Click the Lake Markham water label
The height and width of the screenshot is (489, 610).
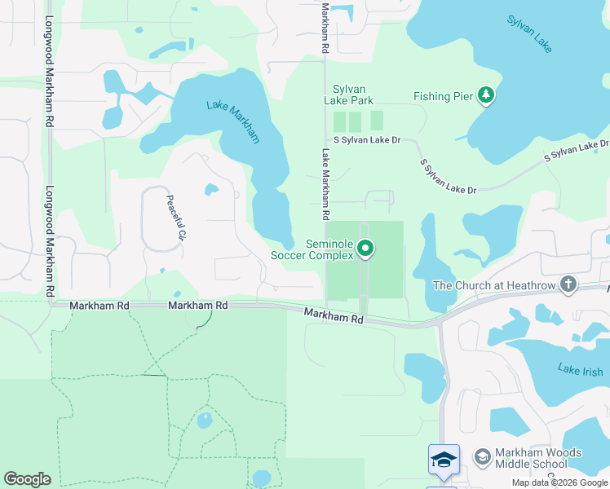click(233, 121)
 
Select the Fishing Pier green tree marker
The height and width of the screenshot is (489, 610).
click(487, 96)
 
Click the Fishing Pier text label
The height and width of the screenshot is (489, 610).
click(443, 97)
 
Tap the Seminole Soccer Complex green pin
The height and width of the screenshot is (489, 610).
click(366, 249)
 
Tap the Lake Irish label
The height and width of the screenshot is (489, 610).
click(580, 368)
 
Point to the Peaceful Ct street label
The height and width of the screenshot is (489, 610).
click(174, 218)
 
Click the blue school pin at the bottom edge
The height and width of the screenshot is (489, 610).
click(444, 460)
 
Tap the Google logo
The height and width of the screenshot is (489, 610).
click(27, 479)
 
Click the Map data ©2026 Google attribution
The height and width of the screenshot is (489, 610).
click(559, 482)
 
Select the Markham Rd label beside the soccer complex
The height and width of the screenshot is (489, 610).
click(334, 315)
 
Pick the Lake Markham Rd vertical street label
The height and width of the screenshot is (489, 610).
click(325, 184)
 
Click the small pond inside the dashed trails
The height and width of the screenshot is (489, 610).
click(204, 421)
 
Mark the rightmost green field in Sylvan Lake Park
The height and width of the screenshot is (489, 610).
click(377, 121)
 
